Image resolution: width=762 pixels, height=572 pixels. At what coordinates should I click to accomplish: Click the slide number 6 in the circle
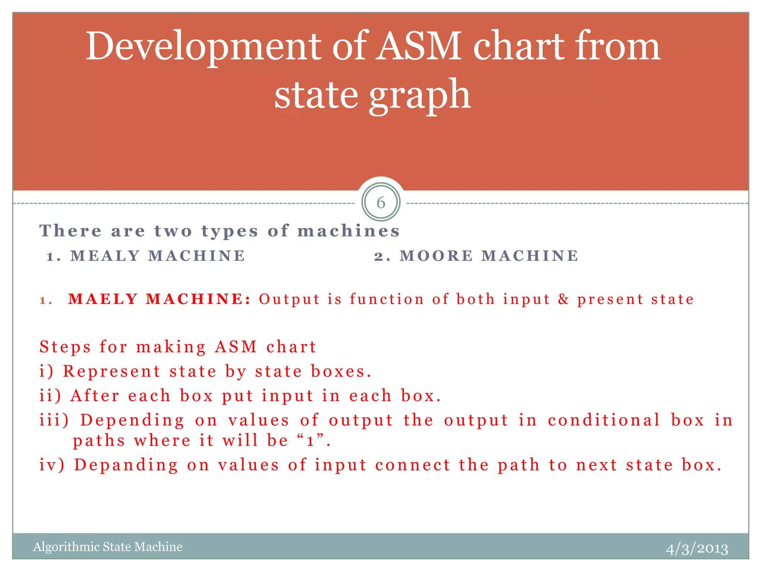381,203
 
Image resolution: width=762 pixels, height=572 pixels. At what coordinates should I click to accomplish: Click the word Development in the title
203,47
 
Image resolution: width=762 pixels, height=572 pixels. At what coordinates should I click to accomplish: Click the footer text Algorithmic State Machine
108,547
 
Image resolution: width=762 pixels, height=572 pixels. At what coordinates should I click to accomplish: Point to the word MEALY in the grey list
105,256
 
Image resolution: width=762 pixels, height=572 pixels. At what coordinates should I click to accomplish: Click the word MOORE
436,256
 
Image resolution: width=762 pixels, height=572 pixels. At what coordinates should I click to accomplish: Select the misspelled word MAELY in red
103,299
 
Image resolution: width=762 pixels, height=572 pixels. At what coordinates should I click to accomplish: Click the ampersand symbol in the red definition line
563,299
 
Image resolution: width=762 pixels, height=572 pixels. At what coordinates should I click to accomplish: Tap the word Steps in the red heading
65,347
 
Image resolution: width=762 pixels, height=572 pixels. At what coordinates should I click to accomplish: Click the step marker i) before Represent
47,371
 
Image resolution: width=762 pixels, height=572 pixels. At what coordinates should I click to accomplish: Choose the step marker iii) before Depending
54,420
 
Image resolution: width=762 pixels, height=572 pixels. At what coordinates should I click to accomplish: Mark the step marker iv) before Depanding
52,465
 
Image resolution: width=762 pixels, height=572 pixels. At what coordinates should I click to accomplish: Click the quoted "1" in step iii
311,441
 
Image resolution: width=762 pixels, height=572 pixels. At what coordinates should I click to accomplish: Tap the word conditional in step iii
603,420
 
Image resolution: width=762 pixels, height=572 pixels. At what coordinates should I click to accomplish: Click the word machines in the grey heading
348,231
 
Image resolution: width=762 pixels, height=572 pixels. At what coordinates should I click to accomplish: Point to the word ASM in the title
418,47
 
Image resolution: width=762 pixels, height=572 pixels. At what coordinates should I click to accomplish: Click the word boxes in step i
338,371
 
